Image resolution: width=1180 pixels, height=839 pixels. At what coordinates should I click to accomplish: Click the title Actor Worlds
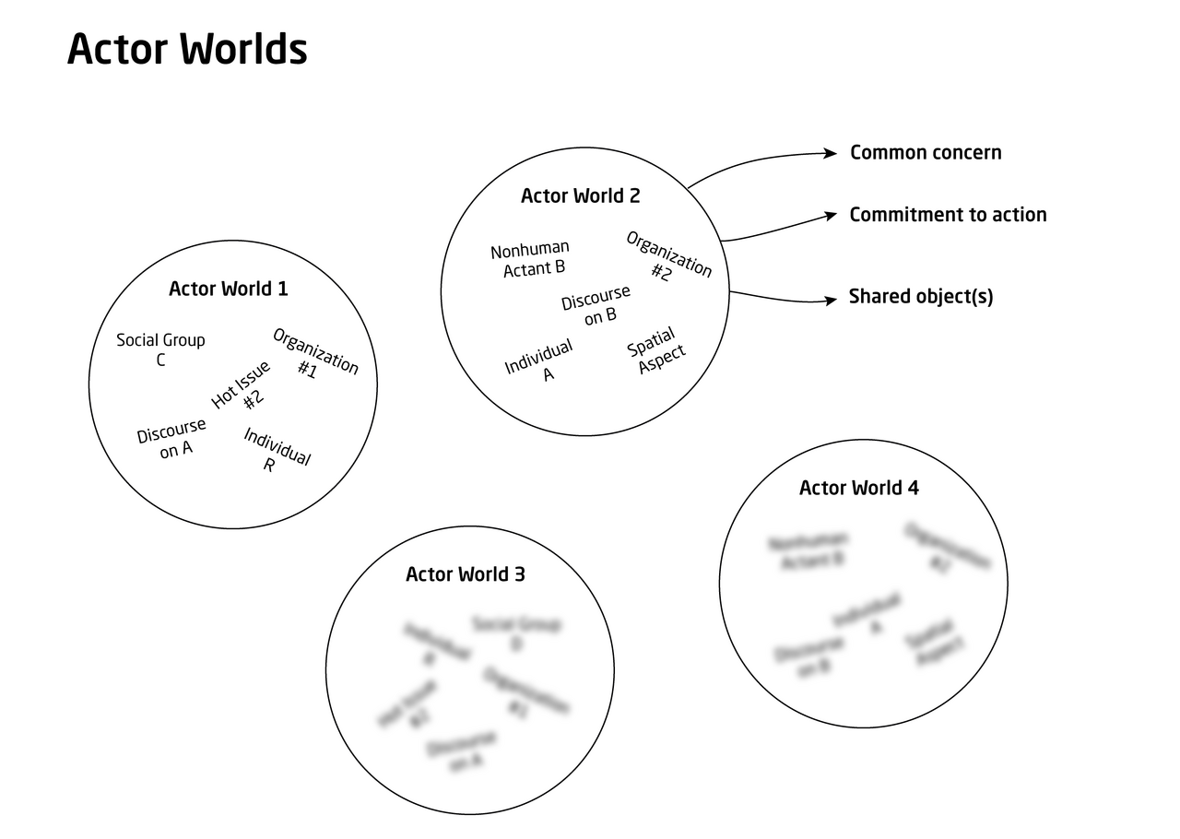pos(187,50)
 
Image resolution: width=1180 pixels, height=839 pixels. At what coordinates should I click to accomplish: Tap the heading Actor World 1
pos(228,289)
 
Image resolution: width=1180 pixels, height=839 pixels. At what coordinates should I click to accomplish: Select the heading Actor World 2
pos(580,195)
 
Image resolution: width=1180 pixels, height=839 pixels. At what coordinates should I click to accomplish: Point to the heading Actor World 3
pos(466,574)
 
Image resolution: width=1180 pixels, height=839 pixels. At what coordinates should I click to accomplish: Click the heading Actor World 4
pos(858,488)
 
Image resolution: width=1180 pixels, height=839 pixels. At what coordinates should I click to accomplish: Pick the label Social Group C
pos(160,349)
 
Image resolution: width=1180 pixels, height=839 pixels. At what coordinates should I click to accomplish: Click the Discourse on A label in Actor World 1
pos(171,439)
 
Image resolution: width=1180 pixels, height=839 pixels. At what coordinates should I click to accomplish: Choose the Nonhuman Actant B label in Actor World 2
pos(531,259)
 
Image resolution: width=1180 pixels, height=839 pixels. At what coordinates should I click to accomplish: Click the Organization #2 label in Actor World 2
pos(667,257)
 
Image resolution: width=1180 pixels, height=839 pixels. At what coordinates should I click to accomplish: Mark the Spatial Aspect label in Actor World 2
pos(656,350)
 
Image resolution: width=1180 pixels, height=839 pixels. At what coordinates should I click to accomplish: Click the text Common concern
pos(926,153)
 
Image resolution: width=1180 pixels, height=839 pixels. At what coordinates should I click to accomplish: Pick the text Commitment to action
pos(948,215)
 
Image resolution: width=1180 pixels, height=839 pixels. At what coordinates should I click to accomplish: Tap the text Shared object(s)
pos(921,297)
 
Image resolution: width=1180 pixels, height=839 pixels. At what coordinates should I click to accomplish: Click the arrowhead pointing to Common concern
pos(831,153)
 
